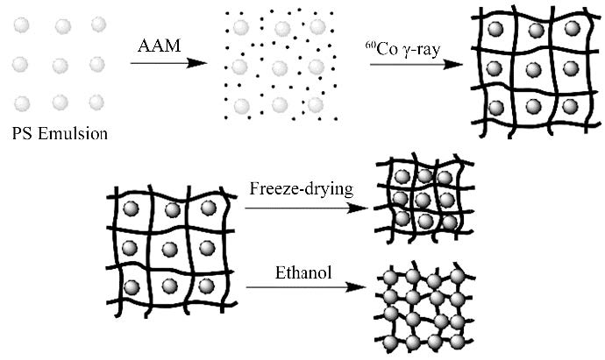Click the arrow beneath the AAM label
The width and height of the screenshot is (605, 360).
pyautogui.click(x=172, y=64)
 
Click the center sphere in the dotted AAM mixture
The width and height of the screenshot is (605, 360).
pyautogui.click(x=278, y=67)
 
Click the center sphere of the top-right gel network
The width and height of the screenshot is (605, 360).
pyautogui.click(x=532, y=67)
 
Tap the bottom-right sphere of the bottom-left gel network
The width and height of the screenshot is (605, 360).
pyautogui.click(x=208, y=286)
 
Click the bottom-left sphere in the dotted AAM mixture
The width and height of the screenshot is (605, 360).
pyautogui.click(x=239, y=106)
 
